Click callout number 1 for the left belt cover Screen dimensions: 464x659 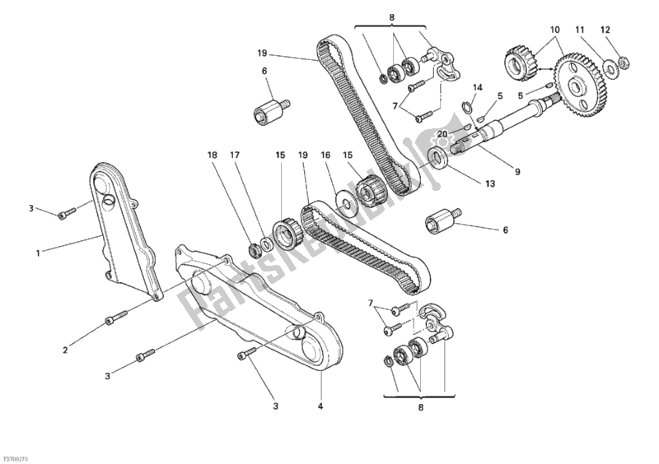pyautogui.click(x=38, y=253)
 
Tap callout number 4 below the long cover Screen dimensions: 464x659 pyautogui.click(x=320, y=406)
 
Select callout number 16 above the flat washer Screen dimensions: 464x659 pyautogui.click(x=325, y=154)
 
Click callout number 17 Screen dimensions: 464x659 pyautogui.click(x=234, y=154)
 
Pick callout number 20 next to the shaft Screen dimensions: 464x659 pyautogui.click(x=442, y=134)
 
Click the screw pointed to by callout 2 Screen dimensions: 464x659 pyautogui.click(x=118, y=317)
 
